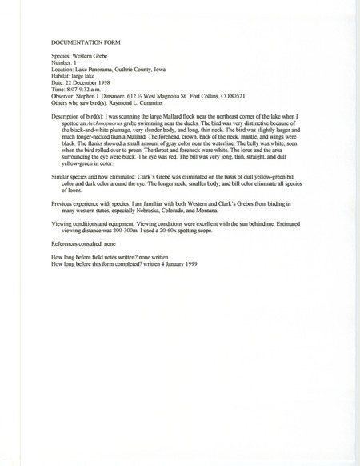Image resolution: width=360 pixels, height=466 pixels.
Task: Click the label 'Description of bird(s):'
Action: point(78,117)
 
